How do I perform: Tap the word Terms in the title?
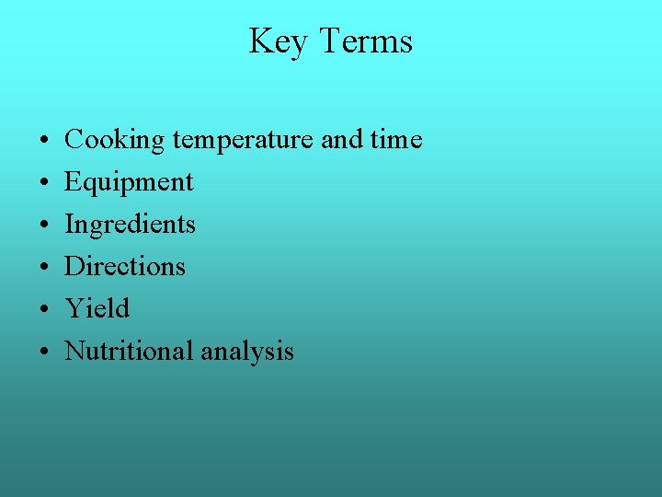tap(366, 41)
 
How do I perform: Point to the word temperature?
tap(243, 140)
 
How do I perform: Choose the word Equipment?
tap(129, 182)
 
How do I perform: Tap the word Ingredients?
tap(130, 225)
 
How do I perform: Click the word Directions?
tap(125, 266)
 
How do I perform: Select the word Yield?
tap(97, 308)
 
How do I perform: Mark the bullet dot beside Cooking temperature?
tap(44, 142)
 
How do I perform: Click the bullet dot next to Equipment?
tap(44, 184)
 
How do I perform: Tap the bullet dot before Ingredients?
tap(44, 226)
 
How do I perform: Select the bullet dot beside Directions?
tap(44, 268)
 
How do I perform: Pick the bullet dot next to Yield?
tap(44, 310)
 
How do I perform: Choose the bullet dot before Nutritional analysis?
tap(44, 353)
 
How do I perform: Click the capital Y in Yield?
tap(74, 307)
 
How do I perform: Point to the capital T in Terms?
tap(329, 41)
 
